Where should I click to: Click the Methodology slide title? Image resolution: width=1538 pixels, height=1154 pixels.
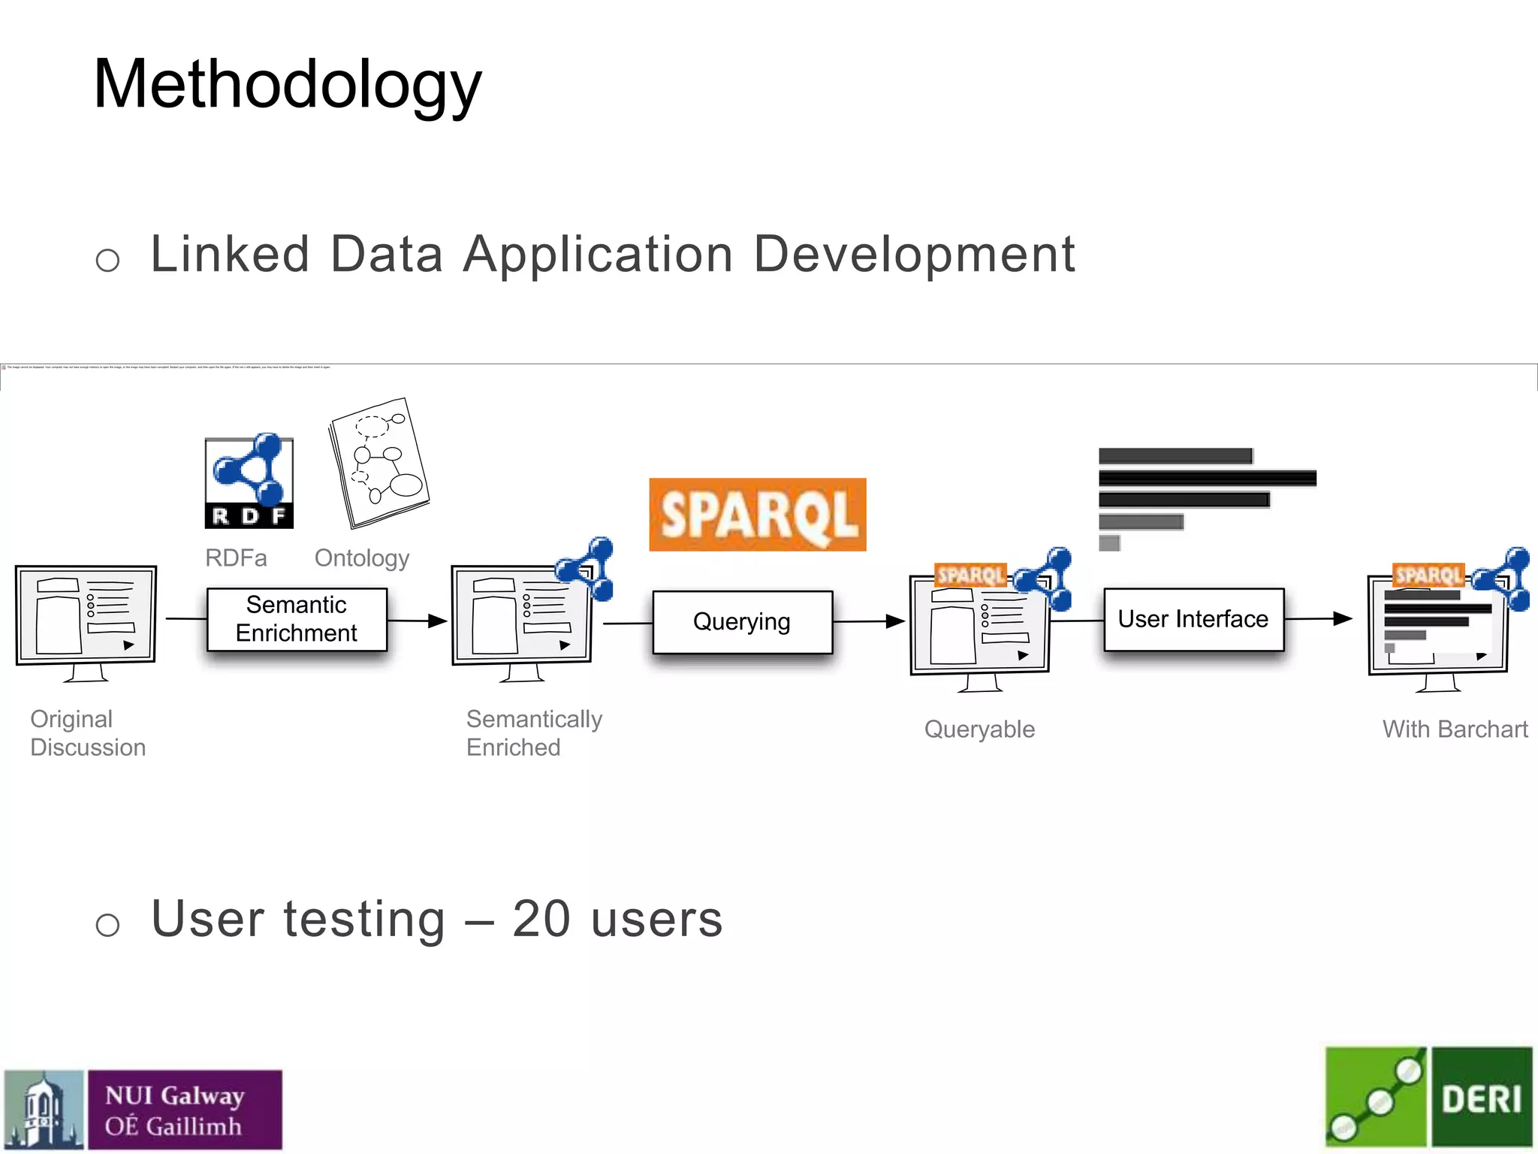coord(287,84)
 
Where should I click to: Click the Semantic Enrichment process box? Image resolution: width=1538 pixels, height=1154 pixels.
coord(297,619)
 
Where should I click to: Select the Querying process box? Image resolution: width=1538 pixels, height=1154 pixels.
coord(742,622)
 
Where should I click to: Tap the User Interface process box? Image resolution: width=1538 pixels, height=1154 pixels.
coord(1193,619)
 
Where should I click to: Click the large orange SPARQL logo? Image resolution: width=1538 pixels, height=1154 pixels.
coord(757,515)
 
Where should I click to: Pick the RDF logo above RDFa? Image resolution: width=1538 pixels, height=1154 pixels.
coord(249,482)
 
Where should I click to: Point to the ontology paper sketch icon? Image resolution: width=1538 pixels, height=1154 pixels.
coord(378,463)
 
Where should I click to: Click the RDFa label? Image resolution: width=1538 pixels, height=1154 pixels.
coord(236,558)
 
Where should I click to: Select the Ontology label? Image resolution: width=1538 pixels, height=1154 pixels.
coord(362,558)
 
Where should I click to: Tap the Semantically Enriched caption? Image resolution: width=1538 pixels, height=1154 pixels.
coord(533,733)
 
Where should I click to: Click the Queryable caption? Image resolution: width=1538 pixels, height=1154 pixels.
coord(979,729)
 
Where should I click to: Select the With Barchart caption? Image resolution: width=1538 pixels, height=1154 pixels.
coord(1455,729)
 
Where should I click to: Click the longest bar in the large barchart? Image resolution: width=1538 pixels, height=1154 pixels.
coord(1207,478)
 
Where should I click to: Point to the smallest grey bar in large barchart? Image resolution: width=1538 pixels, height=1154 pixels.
coord(1109,542)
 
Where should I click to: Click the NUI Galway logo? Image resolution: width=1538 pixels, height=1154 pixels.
coord(143,1110)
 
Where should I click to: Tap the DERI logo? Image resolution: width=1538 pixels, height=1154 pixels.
coord(1428,1098)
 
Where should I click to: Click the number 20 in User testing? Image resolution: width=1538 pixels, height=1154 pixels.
coord(541,919)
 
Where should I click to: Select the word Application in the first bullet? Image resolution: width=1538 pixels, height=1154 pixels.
coord(598,255)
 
